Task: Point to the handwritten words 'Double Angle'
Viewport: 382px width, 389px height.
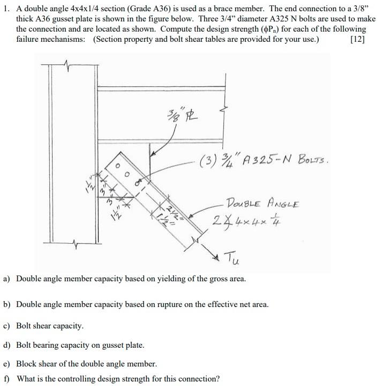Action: pos(262,204)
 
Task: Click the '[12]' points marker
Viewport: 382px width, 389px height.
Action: pos(357,39)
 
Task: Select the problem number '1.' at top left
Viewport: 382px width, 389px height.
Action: pos(7,9)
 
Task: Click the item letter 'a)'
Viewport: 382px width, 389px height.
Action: pos(7,279)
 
